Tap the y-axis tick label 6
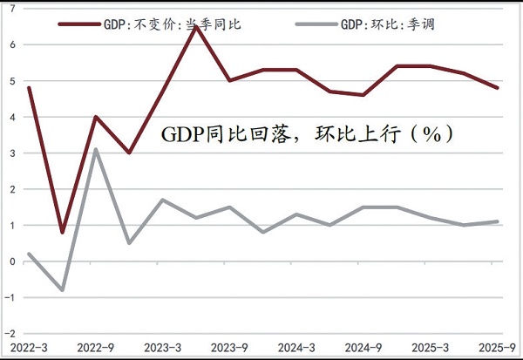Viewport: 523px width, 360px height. (x=12, y=44)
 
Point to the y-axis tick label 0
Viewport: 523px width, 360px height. (x=12, y=262)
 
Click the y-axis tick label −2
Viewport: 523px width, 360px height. (x=10, y=334)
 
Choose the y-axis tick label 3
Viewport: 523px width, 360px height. (x=12, y=153)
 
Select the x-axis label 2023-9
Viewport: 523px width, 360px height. (x=229, y=348)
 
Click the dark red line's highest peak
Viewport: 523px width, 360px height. (x=195, y=27)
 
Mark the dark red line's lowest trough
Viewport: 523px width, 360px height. (x=63, y=233)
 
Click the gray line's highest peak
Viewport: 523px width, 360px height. (x=96, y=149)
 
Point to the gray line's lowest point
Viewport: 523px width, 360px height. (x=63, y=290)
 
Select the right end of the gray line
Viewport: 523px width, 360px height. (x=496, y=221)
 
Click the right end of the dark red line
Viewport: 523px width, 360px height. (x=496, y=88)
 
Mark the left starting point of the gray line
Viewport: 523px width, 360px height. (x=30, y=255)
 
